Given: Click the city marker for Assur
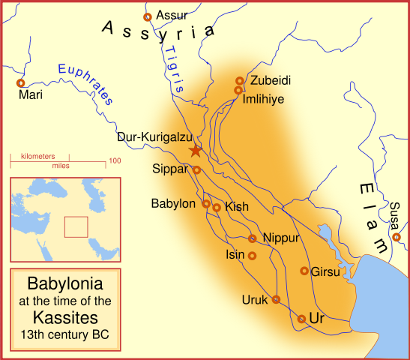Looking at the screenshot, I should click(x=148, y=16).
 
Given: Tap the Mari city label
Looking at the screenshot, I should click(x=31, y=95).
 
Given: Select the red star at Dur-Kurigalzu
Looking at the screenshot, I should click(x=195, y=151).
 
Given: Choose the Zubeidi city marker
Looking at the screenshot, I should click(x=240, y=80).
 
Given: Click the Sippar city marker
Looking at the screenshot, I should click(x=197, y=169).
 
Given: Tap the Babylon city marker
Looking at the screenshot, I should click(x=207, y=203).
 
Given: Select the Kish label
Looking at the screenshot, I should click(x=237, y=206).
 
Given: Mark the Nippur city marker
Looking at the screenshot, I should click(x=253, y=238).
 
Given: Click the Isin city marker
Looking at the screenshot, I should click(x=252, y=256).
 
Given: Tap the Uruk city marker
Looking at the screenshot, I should click(x=276, y=299).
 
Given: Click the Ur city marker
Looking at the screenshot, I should click(x=301, y=319).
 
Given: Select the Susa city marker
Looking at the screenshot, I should click(x=397, y=238).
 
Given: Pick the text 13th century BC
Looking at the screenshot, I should click(x=64, y=334).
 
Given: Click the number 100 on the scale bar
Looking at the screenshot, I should click(x=115, y=160).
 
